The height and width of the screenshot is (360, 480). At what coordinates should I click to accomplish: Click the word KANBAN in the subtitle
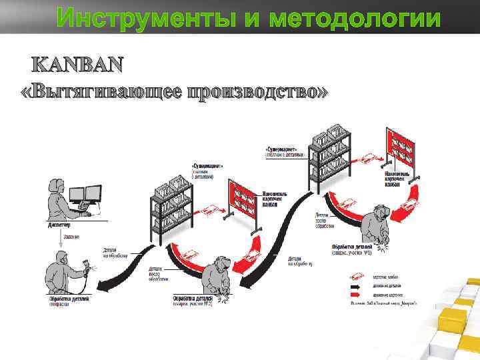[77, 65]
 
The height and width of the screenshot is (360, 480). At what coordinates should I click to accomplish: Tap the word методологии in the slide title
[355, 17]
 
